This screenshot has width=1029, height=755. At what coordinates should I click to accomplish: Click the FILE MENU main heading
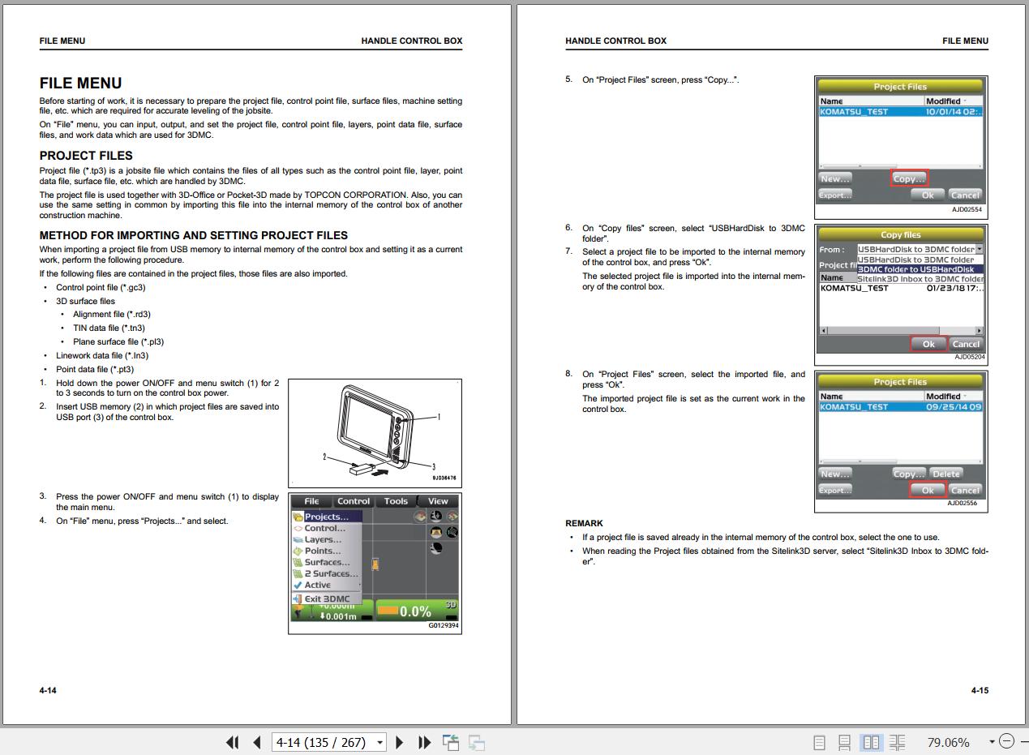coord(80,84)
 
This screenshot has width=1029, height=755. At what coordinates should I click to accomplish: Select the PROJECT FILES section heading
coord(86,156)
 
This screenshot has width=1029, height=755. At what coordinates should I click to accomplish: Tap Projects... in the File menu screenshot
coord(327,517)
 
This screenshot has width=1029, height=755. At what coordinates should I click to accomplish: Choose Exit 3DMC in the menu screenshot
coord(327,598)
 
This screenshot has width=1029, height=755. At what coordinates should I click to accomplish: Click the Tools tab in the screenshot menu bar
coord(396,501)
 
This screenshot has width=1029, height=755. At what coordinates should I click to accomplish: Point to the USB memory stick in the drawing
coord(363,470)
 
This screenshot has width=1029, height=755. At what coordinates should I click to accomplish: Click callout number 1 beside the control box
coord(439,417)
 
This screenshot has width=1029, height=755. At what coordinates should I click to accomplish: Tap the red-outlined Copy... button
coord(909,178)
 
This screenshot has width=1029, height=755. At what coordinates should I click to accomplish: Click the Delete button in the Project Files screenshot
coord(945,474)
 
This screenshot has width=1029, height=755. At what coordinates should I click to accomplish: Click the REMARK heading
coord(584,523)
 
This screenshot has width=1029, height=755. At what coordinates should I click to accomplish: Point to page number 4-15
coord(980,690)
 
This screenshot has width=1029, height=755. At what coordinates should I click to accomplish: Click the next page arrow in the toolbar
coord(399,742)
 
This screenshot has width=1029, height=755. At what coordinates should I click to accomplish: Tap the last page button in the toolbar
coord(424,742)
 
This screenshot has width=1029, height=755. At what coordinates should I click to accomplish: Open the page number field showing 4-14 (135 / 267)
coord(329,742)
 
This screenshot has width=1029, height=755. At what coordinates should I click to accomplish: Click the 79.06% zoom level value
coord(948,742)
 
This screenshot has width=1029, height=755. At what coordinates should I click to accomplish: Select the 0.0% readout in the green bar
coord(415,611)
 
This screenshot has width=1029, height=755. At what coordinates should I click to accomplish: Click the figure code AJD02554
coord(967,209)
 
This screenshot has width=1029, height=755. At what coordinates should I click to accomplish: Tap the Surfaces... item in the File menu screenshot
coord(327,562)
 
